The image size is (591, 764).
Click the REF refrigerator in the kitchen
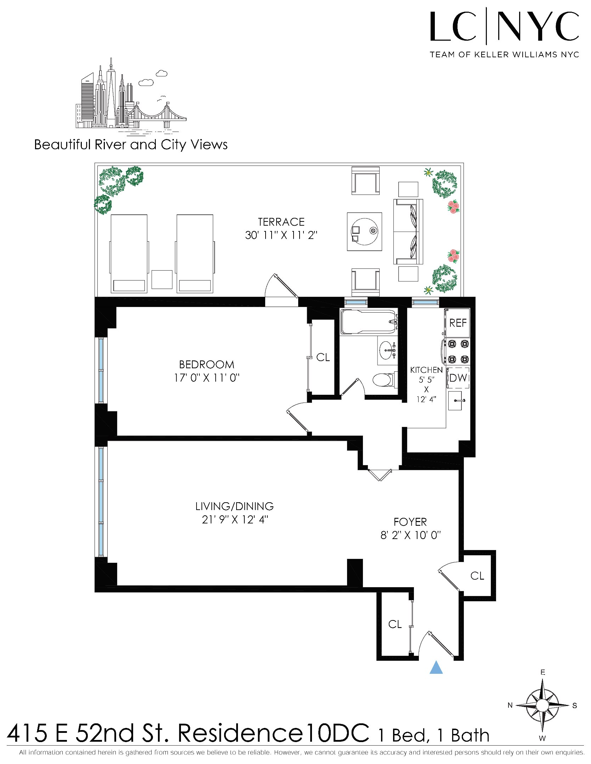coord(458,323)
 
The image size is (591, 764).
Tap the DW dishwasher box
coord(458,378)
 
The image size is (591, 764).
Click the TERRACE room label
coord(281,222)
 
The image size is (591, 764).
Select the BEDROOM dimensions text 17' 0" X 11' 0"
coord(207,378)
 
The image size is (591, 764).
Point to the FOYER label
coord(410,522)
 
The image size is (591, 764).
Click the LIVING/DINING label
coord(234,507)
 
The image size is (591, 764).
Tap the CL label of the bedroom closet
coord(323,358)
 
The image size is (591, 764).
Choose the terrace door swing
coord(281,286)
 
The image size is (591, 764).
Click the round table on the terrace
coord(364,231)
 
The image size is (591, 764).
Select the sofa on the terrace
coord(408,231)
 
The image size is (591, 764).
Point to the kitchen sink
coord(455,400)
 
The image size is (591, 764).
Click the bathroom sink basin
coord(387,351)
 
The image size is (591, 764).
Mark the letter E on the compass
coord(543,672)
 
